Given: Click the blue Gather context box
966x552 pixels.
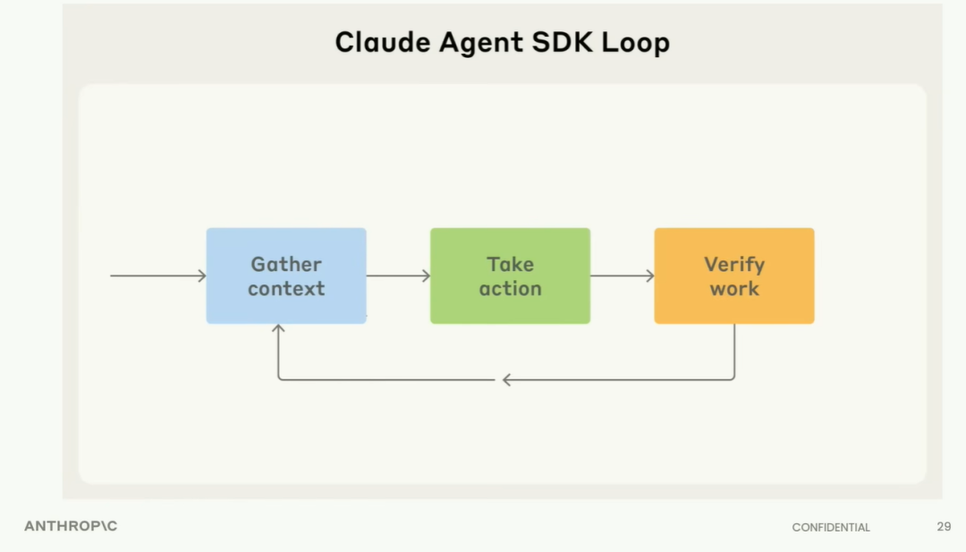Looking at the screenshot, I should pyautogui.click(x=286, y=276).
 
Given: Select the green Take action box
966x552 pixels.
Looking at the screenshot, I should pyautogui.click(x=510, y=276).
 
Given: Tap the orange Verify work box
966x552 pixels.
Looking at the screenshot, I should pyautogui.click(x=734, y=276).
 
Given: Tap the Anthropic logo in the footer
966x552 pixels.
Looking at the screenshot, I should pyautogui.click(x=71, y=526).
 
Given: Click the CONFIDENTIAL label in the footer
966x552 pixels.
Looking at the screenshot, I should pyautogui.click(x=831, y=527).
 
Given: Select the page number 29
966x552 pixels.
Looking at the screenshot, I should pyautogui.click(x=944, y=526).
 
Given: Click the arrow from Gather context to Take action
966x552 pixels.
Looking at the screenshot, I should pyautogui.click(x=398, y=276).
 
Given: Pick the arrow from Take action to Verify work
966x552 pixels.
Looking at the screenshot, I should pyautogui.click(x=623, y=276).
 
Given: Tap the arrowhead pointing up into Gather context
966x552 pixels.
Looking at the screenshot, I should pyautogui.click(x=278, y=329).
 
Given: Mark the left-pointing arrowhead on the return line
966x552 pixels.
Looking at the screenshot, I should pyautogui.click(x=506, y=379).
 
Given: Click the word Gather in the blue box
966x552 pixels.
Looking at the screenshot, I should pyautogui.click(x=286, y=264).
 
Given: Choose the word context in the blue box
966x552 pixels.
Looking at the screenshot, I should pyautogui.click(x=286, y=288).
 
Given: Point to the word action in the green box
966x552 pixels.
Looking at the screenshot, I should pyautogui.click(x=510, y=288).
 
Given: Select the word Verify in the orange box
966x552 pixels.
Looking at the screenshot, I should pyautogui.click(x=734, y=264).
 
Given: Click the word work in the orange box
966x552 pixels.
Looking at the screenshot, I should pyautogui.click(x=734, y=288).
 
